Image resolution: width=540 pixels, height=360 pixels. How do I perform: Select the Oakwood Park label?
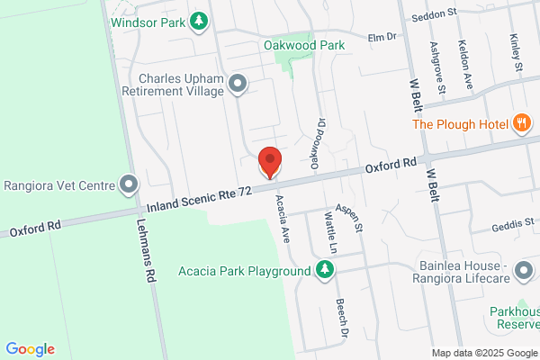305,44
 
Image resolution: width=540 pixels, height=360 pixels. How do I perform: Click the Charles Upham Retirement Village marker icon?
238,85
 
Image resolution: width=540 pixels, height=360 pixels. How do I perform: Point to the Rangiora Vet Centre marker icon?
129,186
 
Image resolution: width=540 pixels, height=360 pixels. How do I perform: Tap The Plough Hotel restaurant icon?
521,124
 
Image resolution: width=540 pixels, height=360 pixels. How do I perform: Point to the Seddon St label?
435,17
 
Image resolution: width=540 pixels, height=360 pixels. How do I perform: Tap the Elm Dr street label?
382,37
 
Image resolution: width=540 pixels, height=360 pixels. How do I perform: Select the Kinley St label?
517,54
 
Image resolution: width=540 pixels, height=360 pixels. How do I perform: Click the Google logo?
30,349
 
